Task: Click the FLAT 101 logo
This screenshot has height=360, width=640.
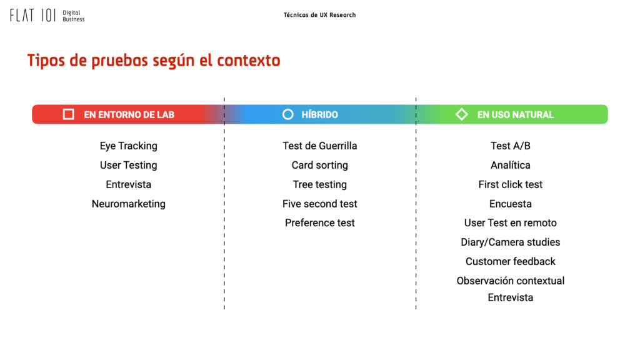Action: pos(47,16)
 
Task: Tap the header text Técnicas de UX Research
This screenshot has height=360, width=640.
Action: pos(319,15)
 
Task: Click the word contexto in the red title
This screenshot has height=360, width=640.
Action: pos(249,61)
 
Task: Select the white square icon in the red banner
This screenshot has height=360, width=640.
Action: pos(69,114)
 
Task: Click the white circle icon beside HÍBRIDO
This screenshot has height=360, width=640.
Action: pos(287,114)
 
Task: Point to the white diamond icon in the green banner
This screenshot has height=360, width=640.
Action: pos(462,114)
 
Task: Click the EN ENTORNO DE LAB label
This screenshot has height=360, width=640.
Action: pos(129,115)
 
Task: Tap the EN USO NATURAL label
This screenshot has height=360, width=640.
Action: pos(516,115)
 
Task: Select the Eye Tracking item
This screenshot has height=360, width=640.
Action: pos(129,146)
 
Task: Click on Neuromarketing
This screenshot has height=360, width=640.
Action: pos(129,204)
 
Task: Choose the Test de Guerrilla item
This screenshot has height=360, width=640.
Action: pos(319,146)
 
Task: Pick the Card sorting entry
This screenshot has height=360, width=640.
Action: pos(319,165)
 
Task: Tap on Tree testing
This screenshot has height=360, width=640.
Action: pos(319,184)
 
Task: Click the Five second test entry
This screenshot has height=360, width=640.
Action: pos(319,204)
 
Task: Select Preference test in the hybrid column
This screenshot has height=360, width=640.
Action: pos(319,223)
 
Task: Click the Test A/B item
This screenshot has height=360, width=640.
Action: pos(510,146)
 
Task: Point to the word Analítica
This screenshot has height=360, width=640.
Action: pos(510,165)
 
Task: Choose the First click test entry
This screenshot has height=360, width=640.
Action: pos(510,184)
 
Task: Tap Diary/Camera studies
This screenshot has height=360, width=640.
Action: pos(510,242)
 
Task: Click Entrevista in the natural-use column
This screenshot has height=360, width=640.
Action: pos(510,297)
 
